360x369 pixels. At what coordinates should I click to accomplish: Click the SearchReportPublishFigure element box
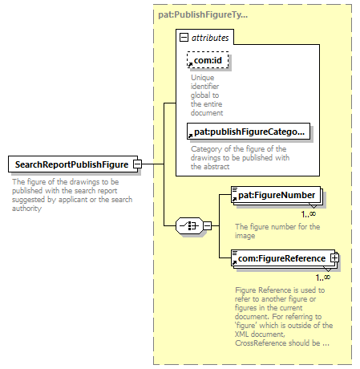(x=73, y=164)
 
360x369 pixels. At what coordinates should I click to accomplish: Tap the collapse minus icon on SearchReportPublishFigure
(x=137, y=164)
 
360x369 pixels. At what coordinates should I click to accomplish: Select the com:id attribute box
(x=208, y=60)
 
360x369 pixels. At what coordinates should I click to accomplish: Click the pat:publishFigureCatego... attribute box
(x=249, y=132)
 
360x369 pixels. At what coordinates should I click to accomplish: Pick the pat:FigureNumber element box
(x=276, y=195)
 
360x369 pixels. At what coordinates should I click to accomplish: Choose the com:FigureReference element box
(x=283, y=258)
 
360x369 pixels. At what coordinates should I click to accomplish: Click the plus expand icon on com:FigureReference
(x=334, y=258)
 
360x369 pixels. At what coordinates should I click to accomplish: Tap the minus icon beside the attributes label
(x=184, y=38)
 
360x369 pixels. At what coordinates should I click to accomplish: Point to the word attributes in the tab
(x=210, y=38)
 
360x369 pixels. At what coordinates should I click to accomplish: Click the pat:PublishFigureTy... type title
(x=203, y=14)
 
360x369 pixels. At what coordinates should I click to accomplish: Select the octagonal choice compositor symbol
(x=189, y=225)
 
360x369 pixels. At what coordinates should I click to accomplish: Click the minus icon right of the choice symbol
(x=208, y=226)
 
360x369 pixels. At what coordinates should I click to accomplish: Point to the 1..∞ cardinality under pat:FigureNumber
(x=309, y=214)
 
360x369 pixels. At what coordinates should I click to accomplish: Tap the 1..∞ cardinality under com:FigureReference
(x=323, y=278)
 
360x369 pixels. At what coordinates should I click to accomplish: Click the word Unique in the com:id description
(x=203, y=78)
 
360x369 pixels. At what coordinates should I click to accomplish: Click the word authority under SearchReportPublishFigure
(x=26, y=209)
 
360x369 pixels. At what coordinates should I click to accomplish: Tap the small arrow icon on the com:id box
(x=190, y=65)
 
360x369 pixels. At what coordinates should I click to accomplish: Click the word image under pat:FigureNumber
(x=245, y=236)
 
